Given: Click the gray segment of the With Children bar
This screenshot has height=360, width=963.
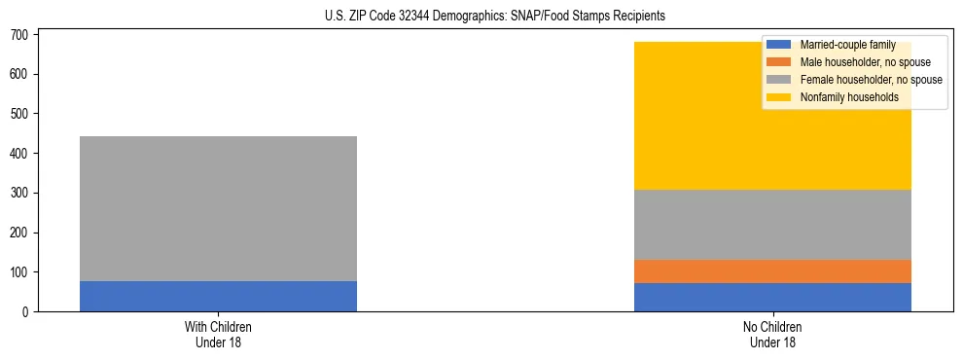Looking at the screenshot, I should click(x=218, y=208).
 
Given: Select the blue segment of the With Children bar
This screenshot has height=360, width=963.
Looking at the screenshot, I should click(x=218, y=296).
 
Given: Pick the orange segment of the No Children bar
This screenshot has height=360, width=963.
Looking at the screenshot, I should click(x=772, y=271).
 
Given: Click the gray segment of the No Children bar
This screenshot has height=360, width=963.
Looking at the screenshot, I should click(x=772, y=225).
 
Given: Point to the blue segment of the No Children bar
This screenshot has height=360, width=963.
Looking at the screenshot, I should click(x=772, y=297).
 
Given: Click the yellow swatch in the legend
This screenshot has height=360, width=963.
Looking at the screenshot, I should click(x=779, y=97).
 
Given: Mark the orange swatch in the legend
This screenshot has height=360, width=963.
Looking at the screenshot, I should click(x=779, y=62).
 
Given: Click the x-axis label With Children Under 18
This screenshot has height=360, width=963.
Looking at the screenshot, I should click(x=218, y=334).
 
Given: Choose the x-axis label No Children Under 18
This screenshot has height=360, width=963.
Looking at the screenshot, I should click(x=772, y=334).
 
